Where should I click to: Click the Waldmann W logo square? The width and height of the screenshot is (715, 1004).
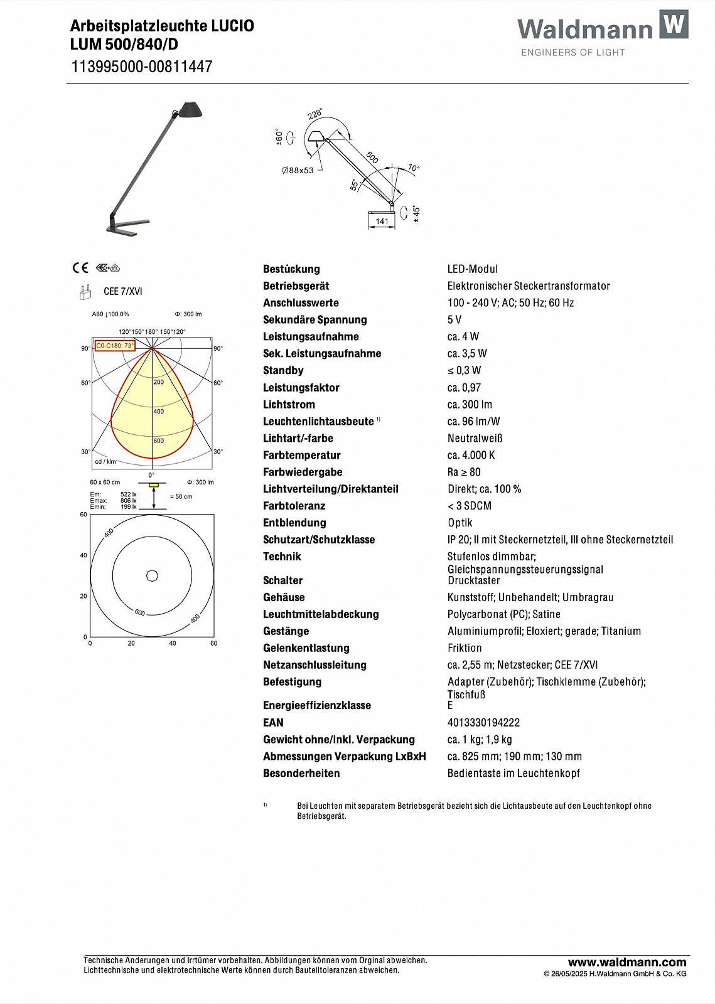click(x=673, y=24)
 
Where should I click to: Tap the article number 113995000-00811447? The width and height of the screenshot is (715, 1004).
click(x=141, y=67)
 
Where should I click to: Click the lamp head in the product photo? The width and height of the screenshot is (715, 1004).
click(x=190, y=109)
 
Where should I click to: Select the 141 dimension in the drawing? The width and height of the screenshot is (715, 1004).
click(x=382, y=222)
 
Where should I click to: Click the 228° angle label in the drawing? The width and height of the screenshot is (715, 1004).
click(x=315, y=114)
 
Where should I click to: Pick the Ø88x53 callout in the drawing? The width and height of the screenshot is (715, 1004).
click(x=298, y=170)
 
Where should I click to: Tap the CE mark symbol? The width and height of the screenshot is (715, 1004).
click(x=80, y=268)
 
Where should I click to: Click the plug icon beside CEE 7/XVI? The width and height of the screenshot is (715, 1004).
click(x=82, y=292)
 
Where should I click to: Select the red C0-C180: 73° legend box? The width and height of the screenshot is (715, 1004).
click(x=114, y=346)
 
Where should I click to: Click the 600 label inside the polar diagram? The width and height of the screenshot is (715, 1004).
click(x=158, y=441)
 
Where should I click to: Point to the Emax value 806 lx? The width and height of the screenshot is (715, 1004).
click(x=128, y=501)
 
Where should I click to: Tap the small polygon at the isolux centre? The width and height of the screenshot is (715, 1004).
click(x=152, y=575)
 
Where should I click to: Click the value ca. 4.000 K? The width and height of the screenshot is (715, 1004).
click(x=471, y=455)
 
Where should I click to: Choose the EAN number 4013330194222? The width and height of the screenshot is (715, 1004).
click(x=483, y=722)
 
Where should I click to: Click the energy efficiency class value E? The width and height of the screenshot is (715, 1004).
click(x=450, y=705)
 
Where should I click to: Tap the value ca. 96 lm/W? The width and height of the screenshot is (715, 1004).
click(x=473, y=421)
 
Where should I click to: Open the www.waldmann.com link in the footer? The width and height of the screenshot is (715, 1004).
click(x=626, y=962)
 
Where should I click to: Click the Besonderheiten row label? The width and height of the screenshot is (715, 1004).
click(x=301, y=773)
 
